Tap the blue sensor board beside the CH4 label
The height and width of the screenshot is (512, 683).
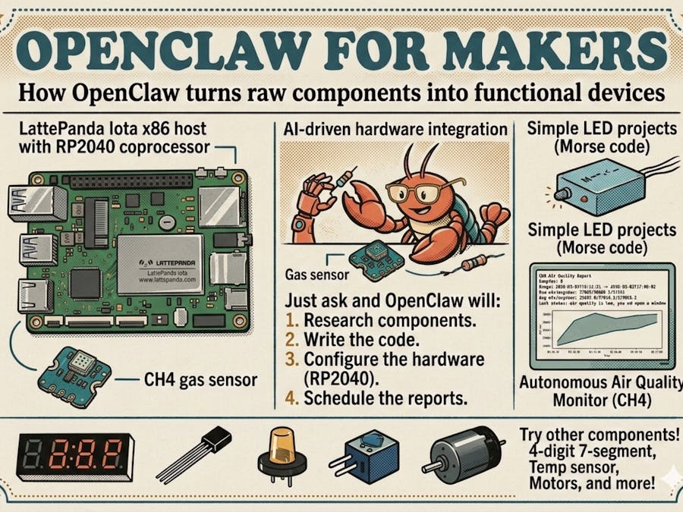point(76,372)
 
